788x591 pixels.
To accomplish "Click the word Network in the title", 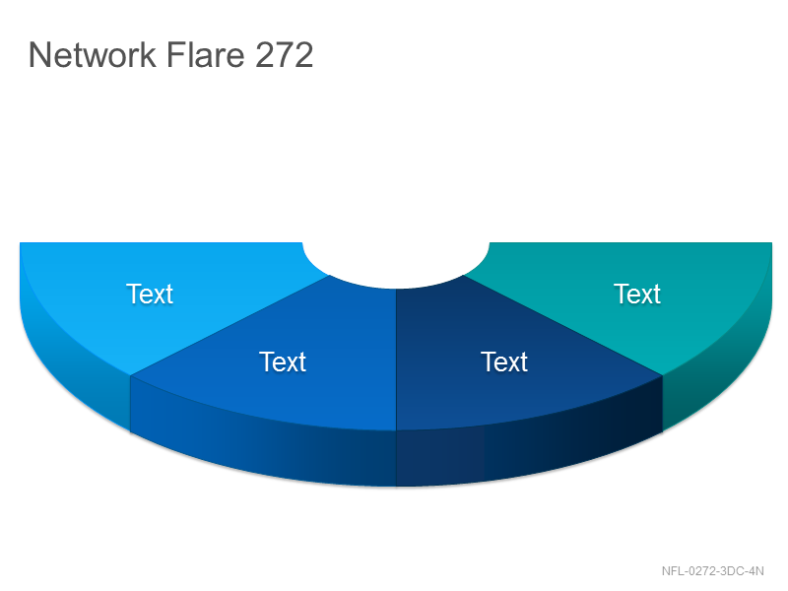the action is pyautogui.click(x=93, y=54).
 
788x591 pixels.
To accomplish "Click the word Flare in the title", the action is pyautogui.click(x=205, y=54).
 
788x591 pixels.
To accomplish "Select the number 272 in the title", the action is pyautogui.click(x=285, y=54).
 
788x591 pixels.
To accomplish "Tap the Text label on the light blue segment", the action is pyautogui.click(x=150, y=294).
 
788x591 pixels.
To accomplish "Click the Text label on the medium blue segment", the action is pyautogui.click(x=283, y=361).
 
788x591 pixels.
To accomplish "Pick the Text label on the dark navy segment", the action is pyautogui.click(x=504, y=361).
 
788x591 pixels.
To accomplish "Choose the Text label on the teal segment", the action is pyautogui.click(x=637, y=294).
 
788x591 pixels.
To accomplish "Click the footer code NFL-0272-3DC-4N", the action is pyautogui.click(x=712, y=571).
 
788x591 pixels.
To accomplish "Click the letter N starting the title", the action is pyautogui.click(x=40, y=54).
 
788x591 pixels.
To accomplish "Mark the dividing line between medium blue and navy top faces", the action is pyautogui.click(x=396, y=360).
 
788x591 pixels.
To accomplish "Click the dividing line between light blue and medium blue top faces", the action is pyautogui.click(x=230, y=326).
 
